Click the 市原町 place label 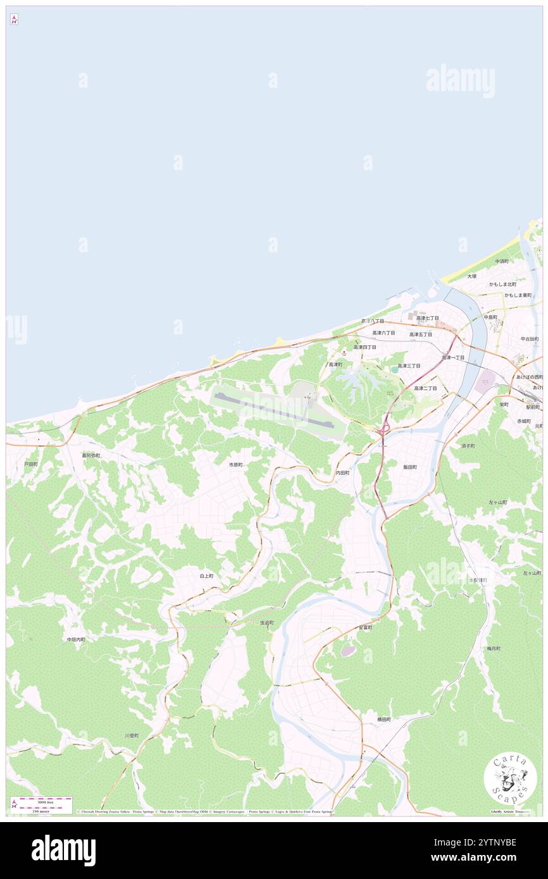point(236,465)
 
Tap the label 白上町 point(207,576)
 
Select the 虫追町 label point(267,623)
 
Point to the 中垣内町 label point(76,639)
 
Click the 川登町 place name point(131,735)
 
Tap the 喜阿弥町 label point(90,455)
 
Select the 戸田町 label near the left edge point(31,464)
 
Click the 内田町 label point(342,472)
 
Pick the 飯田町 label point(410,467)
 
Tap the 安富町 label point(365,627)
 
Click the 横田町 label point(384,719)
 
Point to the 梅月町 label point(494,648)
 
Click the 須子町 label point(468,446)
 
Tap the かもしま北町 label point(502,284)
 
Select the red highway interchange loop point(382,430)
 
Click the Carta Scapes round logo point(510,779)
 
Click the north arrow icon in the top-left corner point(14,20)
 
